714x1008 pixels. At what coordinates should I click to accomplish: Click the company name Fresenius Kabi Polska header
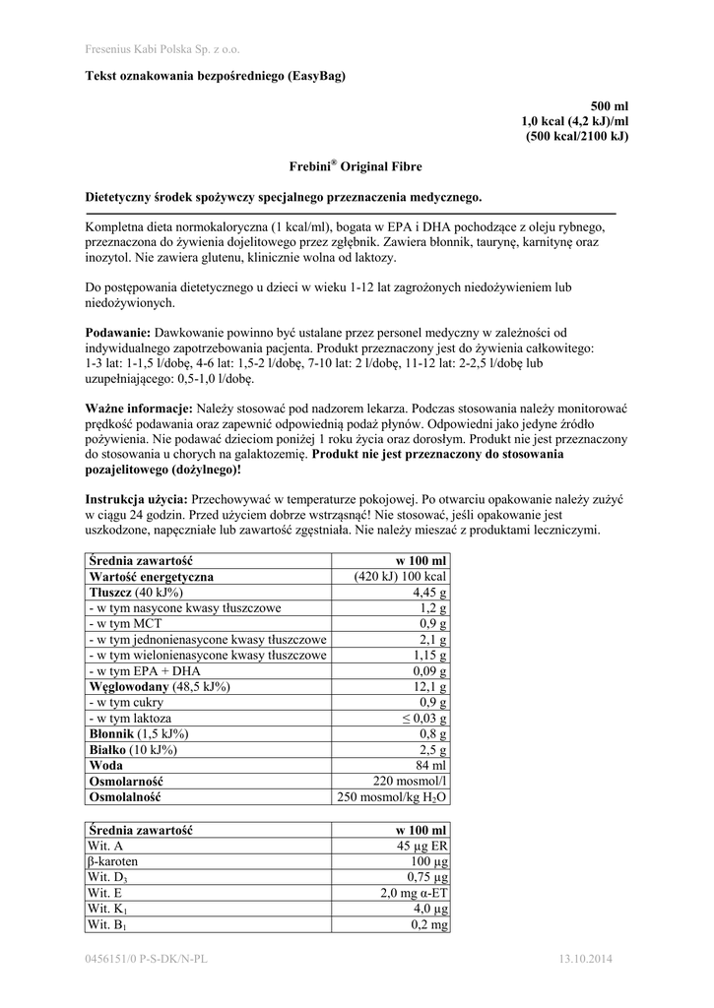coord(162,48)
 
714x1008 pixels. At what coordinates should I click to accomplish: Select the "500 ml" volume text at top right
coord(609,105)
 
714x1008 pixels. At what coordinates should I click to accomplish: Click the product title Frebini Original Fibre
coord(357,168)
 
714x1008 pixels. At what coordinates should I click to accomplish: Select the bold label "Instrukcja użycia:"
coord(137,500)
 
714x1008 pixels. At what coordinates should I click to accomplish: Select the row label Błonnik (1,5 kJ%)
coord(139,734)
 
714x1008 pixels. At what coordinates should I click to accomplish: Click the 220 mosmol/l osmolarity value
coord(410,782)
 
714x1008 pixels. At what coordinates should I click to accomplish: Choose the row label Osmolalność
coord(125,797)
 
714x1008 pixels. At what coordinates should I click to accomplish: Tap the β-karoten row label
coord(113,861)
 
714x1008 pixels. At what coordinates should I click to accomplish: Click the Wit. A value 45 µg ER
coord(422,846)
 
